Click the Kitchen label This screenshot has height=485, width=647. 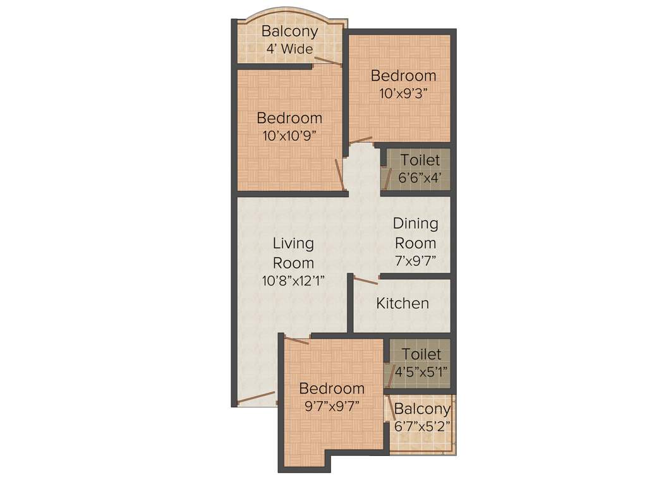402,304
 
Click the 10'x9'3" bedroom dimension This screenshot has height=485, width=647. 403,93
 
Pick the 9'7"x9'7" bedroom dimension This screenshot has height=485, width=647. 332,406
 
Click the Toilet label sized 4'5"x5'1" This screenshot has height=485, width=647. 421,354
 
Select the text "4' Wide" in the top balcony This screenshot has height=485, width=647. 289,49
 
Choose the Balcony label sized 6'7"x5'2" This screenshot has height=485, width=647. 422,409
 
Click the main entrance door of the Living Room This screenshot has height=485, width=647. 256,398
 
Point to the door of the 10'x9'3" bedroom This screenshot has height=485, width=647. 361,140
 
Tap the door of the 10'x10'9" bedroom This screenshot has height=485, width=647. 339,174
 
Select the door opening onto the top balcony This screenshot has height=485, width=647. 328,61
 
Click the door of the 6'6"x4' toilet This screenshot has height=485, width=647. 387,179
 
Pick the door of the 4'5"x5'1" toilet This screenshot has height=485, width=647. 390,373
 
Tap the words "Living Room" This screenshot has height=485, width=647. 294,253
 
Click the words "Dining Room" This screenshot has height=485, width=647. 416,233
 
